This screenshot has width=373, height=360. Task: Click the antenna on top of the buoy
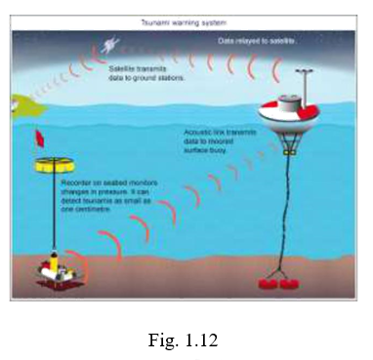(293, 77)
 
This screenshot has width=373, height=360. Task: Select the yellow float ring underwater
(43, 165)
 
